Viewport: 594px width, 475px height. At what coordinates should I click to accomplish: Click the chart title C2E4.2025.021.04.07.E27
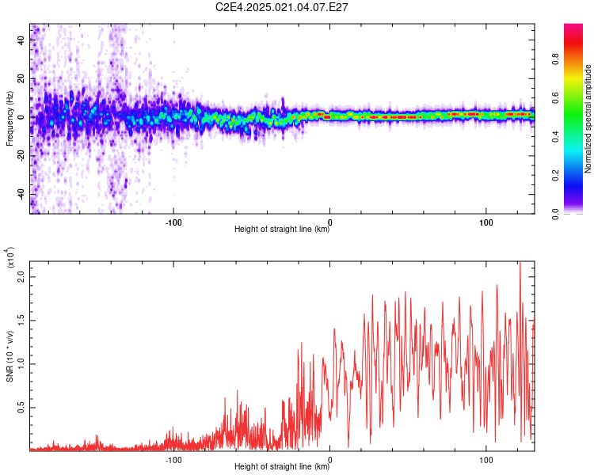click(281, 7)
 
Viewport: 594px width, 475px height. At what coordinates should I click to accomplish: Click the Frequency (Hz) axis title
click(10, 119)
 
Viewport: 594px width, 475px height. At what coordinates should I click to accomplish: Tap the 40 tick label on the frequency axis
click(21, 40)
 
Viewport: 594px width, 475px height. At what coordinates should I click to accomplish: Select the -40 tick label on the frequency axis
click(21, 196)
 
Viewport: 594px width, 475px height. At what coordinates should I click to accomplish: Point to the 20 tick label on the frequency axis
click(21, 78)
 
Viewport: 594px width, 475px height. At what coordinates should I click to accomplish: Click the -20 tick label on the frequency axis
click(21, 157)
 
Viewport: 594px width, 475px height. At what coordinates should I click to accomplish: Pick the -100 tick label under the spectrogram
click(173, 222)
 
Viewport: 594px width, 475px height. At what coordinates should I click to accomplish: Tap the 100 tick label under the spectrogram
click(486, 222)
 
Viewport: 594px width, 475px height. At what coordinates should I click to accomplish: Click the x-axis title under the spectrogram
click(282, 229)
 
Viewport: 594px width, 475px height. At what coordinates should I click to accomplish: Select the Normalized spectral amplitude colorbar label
click(588, 119)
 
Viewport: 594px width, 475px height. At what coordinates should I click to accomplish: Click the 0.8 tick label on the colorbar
click(555, 59)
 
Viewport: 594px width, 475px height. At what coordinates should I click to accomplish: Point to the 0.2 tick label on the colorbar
click(555, 176)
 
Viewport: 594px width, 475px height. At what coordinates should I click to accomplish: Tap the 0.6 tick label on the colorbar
click(555, 98)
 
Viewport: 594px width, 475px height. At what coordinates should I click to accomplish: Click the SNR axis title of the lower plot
click(10, 356)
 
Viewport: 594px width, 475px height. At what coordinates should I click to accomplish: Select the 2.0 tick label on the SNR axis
click(21, 277)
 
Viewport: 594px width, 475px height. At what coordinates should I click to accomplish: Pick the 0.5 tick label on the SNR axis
click(21, 408)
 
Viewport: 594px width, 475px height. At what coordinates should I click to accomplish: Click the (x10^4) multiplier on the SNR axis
click(10, 257)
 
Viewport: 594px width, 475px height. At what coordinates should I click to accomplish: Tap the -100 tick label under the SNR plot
click(173, 460)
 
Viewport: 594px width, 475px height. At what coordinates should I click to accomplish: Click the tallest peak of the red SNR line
click(520, 262)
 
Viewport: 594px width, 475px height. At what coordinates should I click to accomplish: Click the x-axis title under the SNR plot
click(282, 466)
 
